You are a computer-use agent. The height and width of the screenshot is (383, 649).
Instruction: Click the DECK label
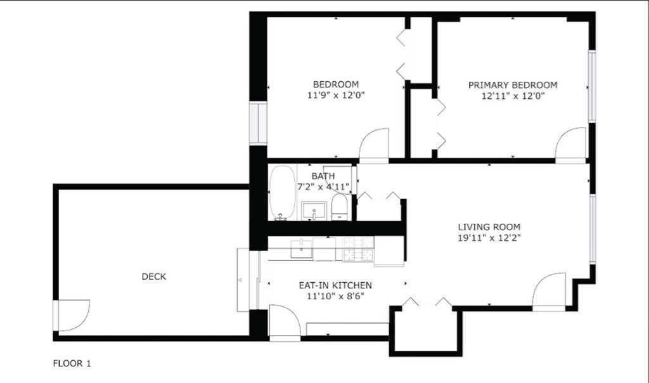tap(153, 276)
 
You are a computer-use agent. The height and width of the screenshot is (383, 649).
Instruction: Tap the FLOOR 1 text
tap(71, 364)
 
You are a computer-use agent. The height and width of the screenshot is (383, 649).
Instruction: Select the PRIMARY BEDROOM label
tap(513, 85)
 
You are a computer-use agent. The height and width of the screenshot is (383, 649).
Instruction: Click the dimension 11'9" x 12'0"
tap(335, 96)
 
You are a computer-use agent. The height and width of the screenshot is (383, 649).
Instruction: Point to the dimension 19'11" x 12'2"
tap(489, 238)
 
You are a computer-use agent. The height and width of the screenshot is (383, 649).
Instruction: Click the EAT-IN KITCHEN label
tap(335, 285)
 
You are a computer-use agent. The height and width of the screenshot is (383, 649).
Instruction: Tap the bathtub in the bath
tap(281, 192)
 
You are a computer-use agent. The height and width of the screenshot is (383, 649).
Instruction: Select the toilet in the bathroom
tap(340, 207)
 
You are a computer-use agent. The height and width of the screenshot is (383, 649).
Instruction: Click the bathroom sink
tap(313, 210)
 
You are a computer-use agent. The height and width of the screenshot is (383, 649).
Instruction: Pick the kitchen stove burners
tap(358, 249)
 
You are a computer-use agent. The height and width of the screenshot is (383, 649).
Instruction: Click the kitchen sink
tap(301, 249)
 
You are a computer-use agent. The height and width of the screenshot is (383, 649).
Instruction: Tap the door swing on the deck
tap(72, 315)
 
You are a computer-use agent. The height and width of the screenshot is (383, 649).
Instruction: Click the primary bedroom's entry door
tap(572, 145)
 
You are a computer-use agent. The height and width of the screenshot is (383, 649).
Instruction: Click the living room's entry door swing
tap(549, 291)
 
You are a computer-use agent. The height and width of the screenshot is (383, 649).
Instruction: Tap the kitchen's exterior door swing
tap(284, 321)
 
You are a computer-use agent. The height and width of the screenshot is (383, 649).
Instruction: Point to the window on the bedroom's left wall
tap(259, 123)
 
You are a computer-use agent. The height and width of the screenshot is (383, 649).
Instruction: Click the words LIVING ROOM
tap(489, 227)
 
